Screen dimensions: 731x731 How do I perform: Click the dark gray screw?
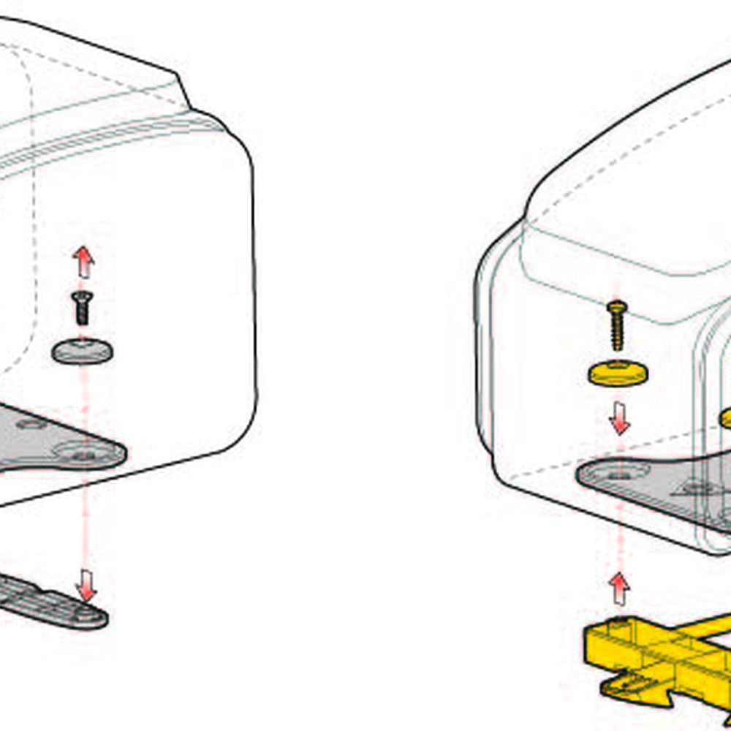pyautogui.click(x=82, y=307)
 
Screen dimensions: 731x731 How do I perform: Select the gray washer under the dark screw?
pyautogui.click(x=83, y=351)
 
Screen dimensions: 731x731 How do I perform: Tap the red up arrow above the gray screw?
pyautogui.click(x=84, y=262)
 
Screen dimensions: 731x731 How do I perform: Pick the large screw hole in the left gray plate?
pyautogui.click(x=85, y=455)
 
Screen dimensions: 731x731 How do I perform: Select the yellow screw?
pyautogui.click(x=618, y=325)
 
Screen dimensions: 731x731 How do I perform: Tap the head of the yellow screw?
pyautogui.click(x=618, y=306)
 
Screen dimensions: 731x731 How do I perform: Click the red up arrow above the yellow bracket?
pyautogui.click(x=619, y=588)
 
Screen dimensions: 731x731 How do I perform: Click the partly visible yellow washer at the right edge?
pyautogui.click(x=726, y=418)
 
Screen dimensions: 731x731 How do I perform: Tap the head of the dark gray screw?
pyautogui.click(x=81, y=295)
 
